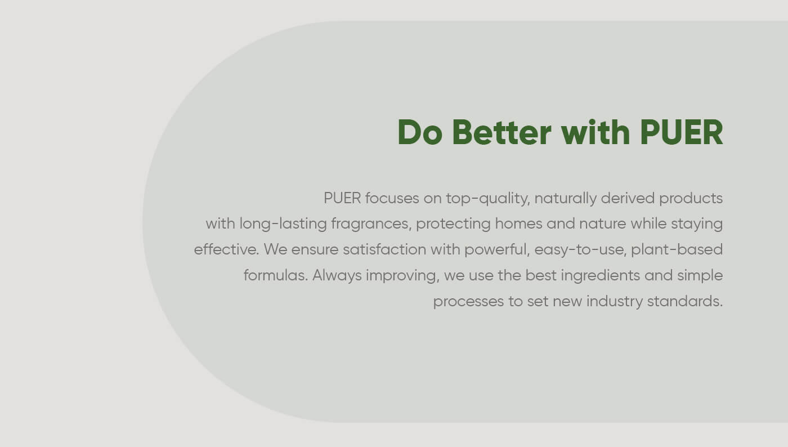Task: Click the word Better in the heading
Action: click(502, 132)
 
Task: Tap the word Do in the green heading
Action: click(420, 132)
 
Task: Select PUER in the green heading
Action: click(682, 132)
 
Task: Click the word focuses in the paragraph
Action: click(392, 198)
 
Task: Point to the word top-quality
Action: click(488, 199)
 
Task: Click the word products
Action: click(691, 199)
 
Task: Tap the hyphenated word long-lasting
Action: click(283, 224)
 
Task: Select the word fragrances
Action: click(371, 224)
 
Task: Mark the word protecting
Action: click(453, 224)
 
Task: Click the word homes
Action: click(518, 223)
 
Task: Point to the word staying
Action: click(697, 224)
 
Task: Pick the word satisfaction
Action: click(384, 249)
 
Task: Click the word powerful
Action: click(497, 250)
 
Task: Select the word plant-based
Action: click(677, 250)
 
